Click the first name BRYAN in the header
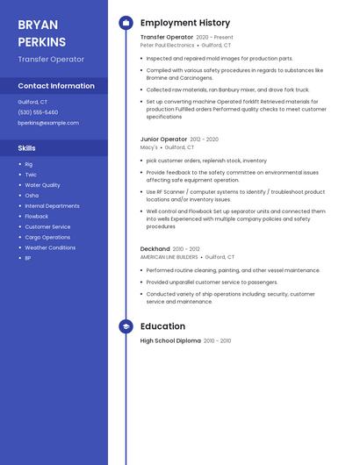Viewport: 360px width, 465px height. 38,25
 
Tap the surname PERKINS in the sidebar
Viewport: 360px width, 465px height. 41,42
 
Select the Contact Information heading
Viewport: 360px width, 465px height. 56,86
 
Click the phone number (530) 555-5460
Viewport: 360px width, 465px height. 38,112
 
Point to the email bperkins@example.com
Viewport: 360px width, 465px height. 48,123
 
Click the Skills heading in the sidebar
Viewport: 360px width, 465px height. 27,148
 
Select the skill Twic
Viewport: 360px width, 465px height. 31,175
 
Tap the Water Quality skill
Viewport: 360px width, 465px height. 42,185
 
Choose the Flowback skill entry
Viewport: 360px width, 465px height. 37,216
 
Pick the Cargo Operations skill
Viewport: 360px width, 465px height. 47,237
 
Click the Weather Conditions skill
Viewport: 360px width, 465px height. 50,247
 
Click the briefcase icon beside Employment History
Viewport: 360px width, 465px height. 126,23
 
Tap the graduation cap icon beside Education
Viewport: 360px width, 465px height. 126,326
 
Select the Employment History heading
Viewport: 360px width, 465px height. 185,23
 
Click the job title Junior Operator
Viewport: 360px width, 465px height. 163,139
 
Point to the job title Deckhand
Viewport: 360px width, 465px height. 155,249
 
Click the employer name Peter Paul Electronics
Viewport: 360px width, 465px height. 167,45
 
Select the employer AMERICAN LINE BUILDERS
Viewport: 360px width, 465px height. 169,257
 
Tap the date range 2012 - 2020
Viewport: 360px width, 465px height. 204,139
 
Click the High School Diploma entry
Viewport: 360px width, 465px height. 170,340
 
